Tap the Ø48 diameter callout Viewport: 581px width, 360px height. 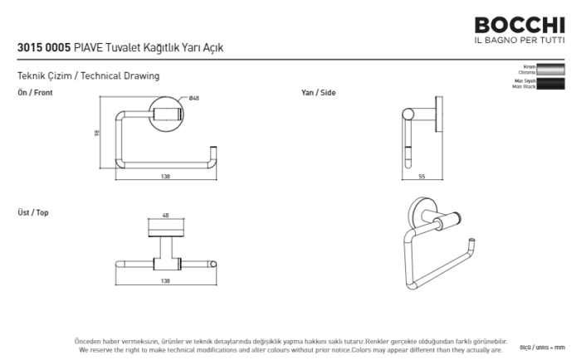(x=194, y=99)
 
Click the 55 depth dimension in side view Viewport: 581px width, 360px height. (x=422, y=177)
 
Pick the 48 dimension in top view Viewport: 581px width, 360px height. (x=166, y=216)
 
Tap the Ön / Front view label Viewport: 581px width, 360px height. (x=35, y=93)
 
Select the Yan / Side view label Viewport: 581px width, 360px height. (x=319, y=93)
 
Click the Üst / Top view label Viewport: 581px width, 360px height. (x=33, y=213)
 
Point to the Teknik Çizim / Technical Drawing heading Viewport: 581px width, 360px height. (x=88, y=75)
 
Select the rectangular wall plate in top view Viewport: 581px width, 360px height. (x=166, y=229)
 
